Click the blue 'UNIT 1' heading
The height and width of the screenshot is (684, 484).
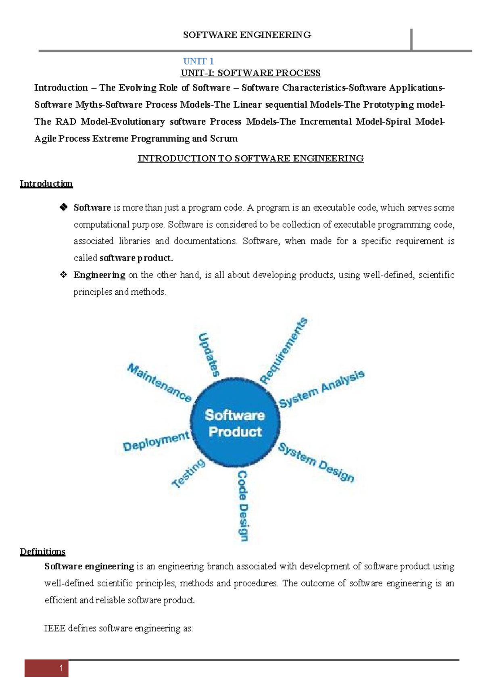198,61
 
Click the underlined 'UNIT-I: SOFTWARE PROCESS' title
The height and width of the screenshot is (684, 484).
250,73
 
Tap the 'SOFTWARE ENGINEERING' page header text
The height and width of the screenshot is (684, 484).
247,35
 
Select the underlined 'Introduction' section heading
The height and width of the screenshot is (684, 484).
46,184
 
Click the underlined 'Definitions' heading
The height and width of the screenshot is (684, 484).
43,552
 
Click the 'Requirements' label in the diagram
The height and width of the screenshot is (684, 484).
284,351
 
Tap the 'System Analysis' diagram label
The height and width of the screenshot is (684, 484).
321,389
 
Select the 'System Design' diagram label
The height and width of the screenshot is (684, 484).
316,462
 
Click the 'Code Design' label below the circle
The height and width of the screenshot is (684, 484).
243,506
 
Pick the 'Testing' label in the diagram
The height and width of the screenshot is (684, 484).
188,474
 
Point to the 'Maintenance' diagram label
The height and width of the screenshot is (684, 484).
159,382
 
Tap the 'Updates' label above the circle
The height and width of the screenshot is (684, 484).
209,355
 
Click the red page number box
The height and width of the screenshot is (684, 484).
46,668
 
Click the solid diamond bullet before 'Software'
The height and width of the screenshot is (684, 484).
63,208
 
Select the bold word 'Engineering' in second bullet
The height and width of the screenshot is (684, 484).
99,275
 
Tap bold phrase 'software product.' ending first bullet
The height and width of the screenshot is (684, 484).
136,258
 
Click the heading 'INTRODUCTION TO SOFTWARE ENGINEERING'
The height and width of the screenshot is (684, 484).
250,158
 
